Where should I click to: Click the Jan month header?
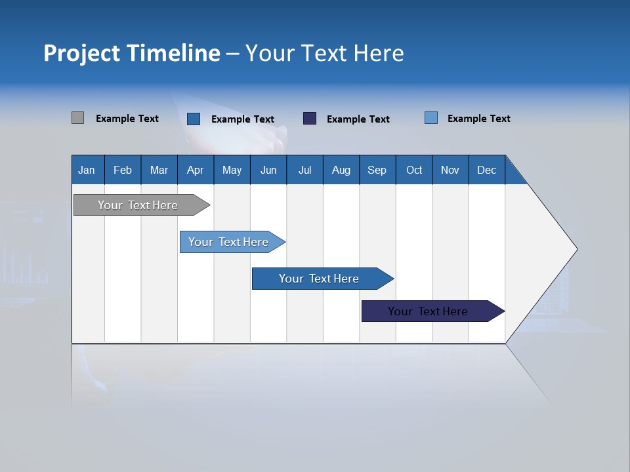pyautogui.click(x=87, y=170)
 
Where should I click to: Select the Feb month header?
pyautogui.click(x=123, y=170)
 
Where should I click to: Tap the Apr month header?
pyautogui.click(x=196, y=170)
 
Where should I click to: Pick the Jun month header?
pyautogui.click(x=268, y=170)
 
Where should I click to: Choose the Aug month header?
pyautogui.click(x=341, y=170)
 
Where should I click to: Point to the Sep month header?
pyautogui.click(x=377, y=170)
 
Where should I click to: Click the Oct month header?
pyautogui.click(x=414, y=170)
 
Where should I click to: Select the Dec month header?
pyautogui.click(x=487, y=170)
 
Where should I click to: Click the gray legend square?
pyautogui.click(x=77, y=118)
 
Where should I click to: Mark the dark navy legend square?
pyautogui.click(x=310, y=119)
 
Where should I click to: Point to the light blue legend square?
pyautogui.click(x=431, y=118)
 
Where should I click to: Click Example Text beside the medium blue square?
pyautogui.click(x=242, y=119)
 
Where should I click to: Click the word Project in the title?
pyautogui.click(x=82, y=53)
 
